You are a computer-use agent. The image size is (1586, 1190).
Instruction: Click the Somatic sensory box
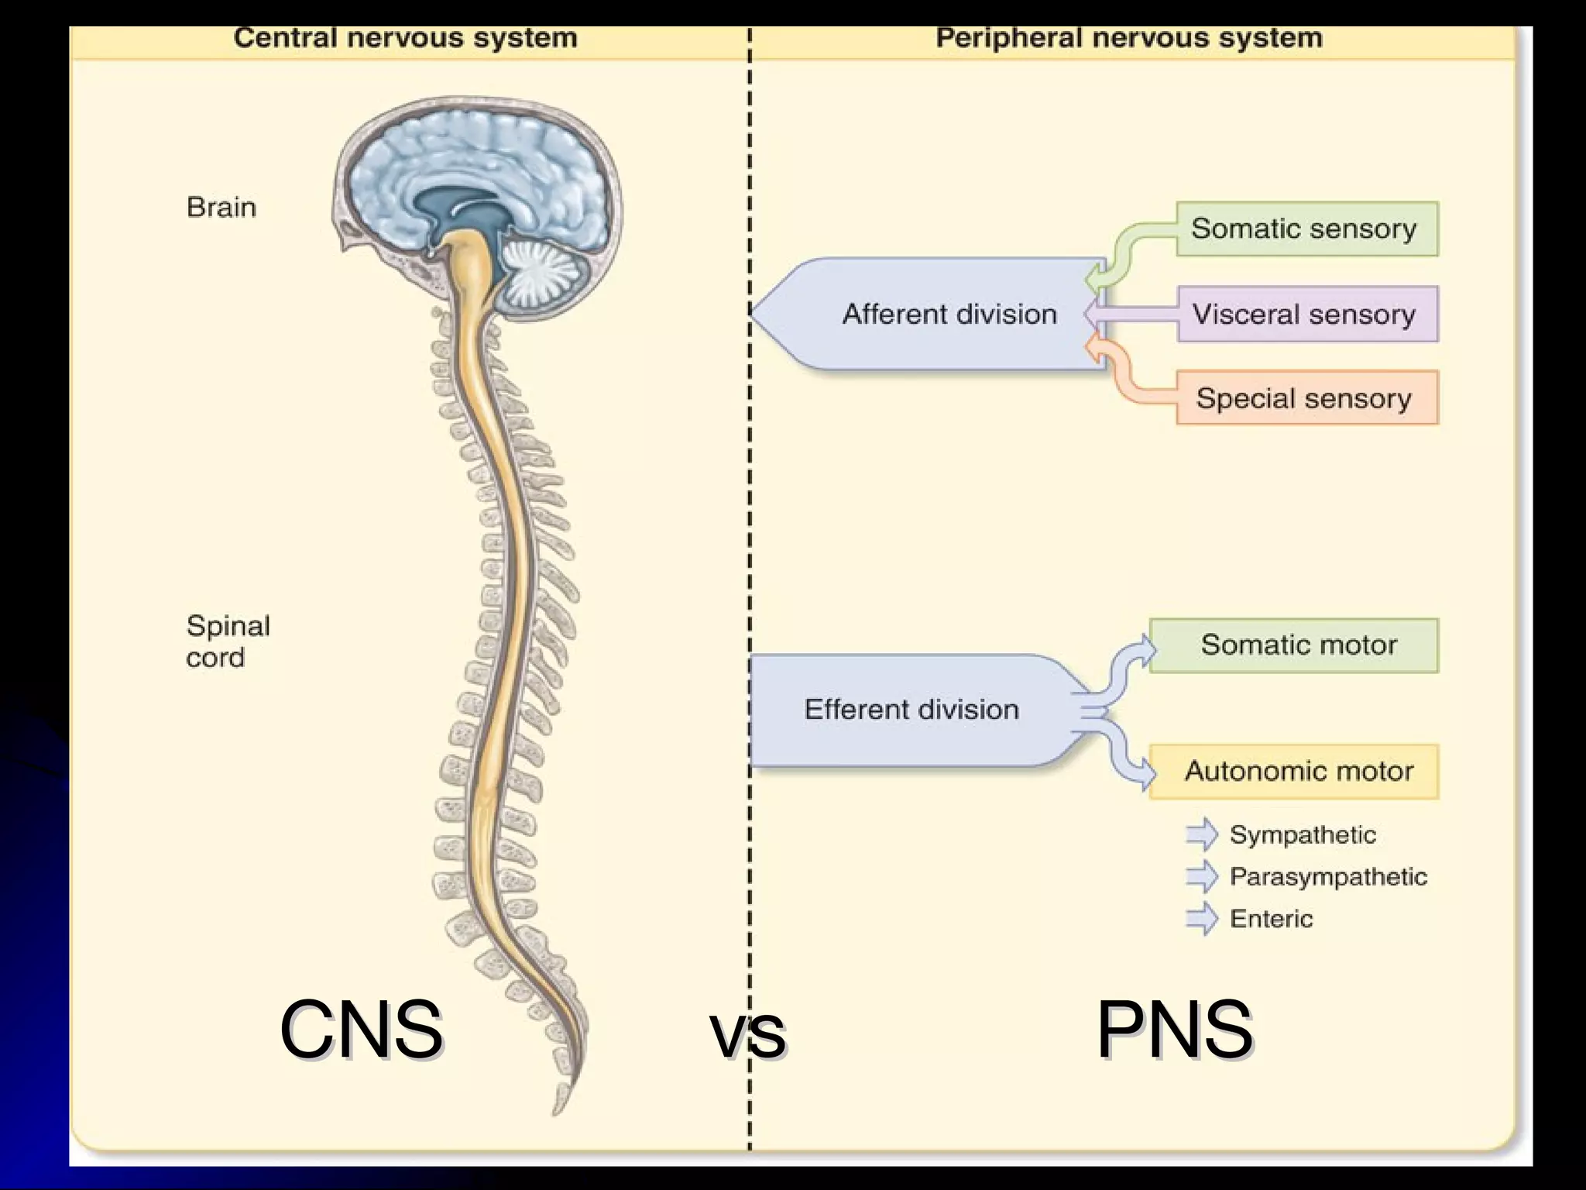1306,229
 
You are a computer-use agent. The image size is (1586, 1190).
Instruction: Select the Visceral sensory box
1306,314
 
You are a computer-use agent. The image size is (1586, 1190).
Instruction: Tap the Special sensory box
1306,398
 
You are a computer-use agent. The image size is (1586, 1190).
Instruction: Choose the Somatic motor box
1294,645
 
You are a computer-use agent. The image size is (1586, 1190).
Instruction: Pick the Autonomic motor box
1294,771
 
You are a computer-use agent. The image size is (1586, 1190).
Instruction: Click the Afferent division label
949,314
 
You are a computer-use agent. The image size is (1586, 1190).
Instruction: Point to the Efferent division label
911,709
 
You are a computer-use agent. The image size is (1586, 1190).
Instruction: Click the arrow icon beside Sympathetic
1201,834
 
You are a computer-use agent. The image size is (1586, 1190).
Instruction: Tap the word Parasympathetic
1327,876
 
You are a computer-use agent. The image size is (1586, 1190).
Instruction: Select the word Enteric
1271,919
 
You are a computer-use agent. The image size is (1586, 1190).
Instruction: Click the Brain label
221,208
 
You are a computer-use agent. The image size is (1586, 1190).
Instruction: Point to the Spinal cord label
227,641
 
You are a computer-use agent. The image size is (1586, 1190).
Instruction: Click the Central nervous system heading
405,38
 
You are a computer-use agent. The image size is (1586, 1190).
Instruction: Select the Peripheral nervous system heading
1128,38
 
